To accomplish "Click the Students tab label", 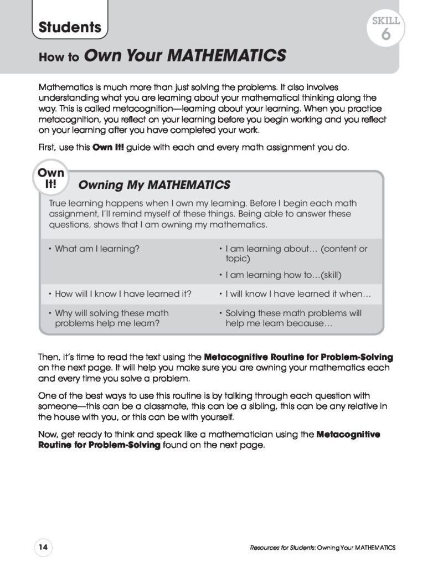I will [70, 27].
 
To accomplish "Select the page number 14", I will [43, 548].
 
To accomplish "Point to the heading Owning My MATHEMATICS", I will [154, 184].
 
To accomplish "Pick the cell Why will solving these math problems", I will [111, 318].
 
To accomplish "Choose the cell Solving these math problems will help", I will [293, 318].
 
